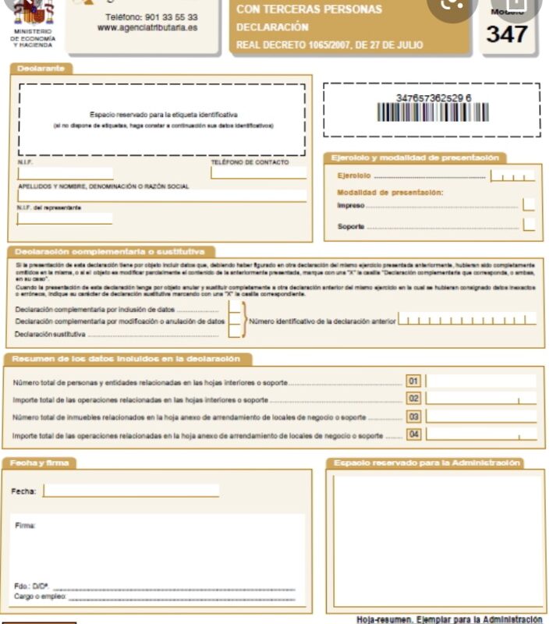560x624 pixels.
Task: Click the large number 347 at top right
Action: click(507, 34)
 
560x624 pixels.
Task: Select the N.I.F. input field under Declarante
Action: click(65, 173)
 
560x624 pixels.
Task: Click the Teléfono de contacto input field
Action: click(257, 173)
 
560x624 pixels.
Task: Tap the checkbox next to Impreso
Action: click(529, 205)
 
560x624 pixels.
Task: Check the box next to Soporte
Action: click(529, 225)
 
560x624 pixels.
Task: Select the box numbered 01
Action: click(413, 381)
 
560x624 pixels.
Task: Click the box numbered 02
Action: click(413, 399)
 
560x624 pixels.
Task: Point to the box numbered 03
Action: click(413, 417)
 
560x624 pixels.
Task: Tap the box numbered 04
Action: click(413, 434)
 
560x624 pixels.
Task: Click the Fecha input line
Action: click(130, 491)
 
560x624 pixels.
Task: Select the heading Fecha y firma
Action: click(41, 463)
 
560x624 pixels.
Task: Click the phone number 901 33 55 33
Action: click(152, 16)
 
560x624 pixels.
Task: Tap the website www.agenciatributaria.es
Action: click(147, 27)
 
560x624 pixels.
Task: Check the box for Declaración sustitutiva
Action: click(233, 333)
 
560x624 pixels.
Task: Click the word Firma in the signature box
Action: click(25, 526)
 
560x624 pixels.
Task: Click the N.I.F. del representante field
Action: click(65, 218)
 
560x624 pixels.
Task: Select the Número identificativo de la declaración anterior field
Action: click(466, 320)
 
